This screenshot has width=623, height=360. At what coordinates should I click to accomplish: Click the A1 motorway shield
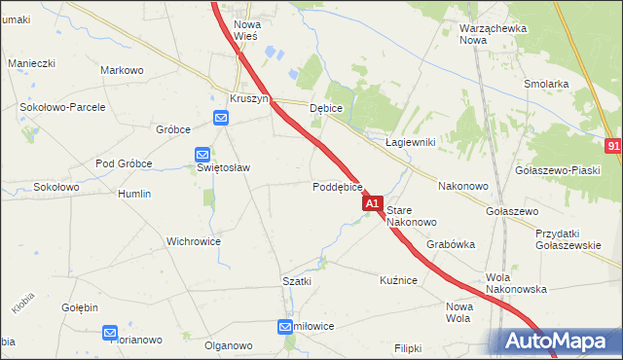click(372, 203)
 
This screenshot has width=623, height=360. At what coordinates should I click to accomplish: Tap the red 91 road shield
click(613, 145)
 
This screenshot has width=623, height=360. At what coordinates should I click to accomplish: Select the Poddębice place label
click(338, 187)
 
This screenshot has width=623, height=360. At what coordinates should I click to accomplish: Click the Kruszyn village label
click(248, 99)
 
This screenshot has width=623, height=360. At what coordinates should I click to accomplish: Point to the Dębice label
click(326, 109)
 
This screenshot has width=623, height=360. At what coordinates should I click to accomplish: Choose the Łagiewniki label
click(410, 142)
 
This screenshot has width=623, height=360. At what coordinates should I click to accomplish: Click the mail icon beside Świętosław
click(202, 154)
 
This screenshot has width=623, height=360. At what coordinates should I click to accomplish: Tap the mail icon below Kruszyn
click(221, 119)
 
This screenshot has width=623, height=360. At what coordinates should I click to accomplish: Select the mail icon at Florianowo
click(110, 333)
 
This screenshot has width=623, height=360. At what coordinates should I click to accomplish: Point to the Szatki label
click(296, 281)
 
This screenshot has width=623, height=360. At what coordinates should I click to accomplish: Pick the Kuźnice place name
click(398, 280)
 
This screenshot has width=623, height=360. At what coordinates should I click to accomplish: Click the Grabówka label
click(450, 245)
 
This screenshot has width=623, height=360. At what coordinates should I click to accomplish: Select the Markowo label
click(123, 70)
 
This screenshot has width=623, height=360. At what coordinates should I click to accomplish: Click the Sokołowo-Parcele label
click(56, 104)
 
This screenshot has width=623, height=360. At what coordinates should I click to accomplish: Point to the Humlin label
click(134, 194)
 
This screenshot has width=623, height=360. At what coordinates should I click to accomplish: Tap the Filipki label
click(411, 347)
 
